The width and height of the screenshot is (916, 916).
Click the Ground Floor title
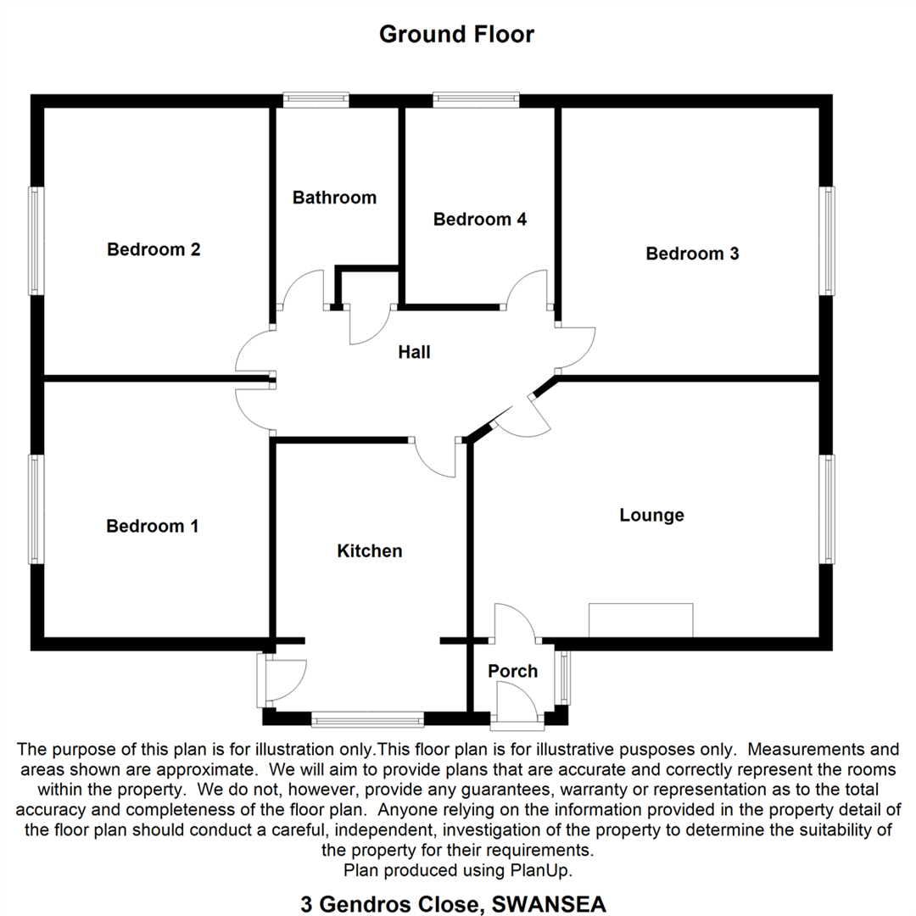tap(456, 35)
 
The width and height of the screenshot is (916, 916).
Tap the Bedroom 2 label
tap(154, 249)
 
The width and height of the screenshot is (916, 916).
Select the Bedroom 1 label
tap(153, 526)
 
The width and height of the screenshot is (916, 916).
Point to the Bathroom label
tap(334, 198)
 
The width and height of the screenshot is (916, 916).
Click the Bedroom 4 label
tap(480, 220)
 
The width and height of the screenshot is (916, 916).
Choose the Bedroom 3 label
tap(692, 253)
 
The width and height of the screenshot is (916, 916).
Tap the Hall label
tap(415, 351)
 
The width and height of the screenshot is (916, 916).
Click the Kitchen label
tap(370, 551)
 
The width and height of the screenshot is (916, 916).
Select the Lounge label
tap(651, 515)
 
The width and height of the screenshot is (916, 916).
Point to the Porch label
tap(512, 671)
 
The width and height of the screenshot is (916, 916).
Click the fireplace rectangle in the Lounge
tap(640, 620)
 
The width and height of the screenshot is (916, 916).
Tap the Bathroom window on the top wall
tap(316, 100)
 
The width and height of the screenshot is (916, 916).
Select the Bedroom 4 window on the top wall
tap(476, 100)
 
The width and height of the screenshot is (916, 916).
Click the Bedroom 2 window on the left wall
tap(36, 240)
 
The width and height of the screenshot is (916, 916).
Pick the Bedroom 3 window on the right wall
tap(826, 241)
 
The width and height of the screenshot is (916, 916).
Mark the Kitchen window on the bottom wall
tap(367, 720)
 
